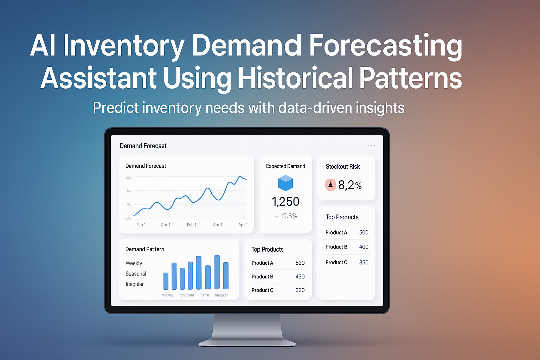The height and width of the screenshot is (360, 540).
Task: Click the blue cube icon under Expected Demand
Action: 285,183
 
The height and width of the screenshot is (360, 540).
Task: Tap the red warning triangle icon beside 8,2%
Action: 330,185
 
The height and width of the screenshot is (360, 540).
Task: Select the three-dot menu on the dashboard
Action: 371,146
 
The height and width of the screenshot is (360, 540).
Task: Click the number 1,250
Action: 285,201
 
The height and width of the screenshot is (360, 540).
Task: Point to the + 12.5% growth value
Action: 286,216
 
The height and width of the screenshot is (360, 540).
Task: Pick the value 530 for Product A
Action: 300,263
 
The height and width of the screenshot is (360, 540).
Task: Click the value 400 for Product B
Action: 364,247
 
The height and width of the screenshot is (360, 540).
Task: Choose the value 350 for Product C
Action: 364,262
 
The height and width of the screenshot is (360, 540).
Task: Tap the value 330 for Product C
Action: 300,290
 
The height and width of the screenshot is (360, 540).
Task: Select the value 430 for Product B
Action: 300,277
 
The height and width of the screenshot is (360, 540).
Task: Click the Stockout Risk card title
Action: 343,167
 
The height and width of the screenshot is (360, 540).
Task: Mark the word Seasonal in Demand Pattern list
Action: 136,274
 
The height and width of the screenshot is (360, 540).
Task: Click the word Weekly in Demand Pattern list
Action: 134,263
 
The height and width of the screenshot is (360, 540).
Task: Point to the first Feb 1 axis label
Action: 141,225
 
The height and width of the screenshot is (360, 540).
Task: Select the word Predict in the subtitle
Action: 116,108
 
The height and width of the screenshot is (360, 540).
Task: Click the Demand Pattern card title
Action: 145,249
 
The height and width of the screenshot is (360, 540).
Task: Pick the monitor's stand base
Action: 247,342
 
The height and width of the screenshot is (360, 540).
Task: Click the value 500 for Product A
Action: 364,232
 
